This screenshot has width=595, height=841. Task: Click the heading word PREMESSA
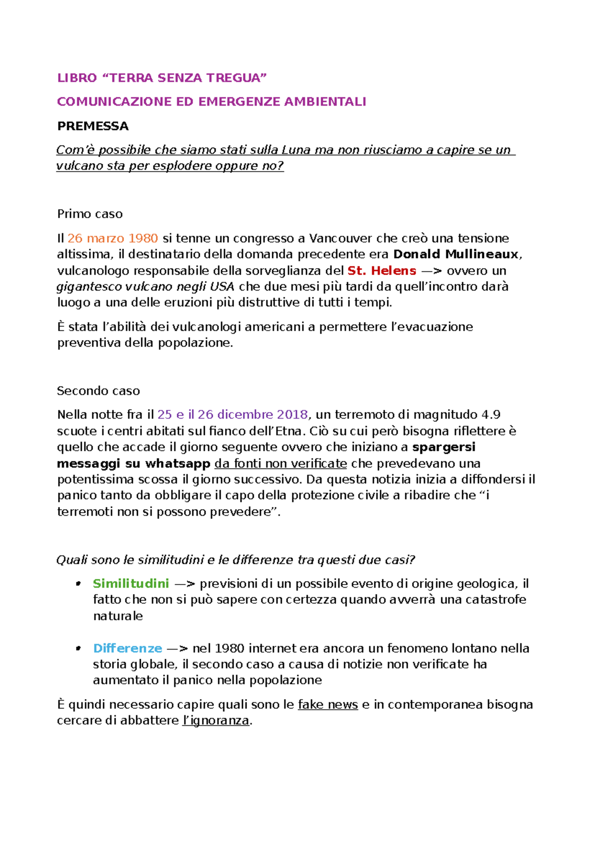[93, 126]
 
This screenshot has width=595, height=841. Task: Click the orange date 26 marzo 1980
[113, 239]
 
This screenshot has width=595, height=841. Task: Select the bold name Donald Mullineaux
[456, 254]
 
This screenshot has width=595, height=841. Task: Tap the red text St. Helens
[382, 271]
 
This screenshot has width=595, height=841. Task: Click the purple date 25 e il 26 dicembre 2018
[233, 415]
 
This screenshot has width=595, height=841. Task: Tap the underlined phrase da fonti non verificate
[281, 464]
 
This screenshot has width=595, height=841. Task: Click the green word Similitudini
[131, 584]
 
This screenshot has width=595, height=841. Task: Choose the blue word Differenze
[127, 649]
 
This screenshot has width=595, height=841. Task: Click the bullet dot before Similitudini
[78, 584]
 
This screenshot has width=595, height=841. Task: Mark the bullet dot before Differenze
[78, 648]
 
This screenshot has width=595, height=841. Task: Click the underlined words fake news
[328, 705]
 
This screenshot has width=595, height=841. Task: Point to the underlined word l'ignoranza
[216, 721]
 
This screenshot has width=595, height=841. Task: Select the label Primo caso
[90, 214]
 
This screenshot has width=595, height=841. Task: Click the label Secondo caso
[98, 391]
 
